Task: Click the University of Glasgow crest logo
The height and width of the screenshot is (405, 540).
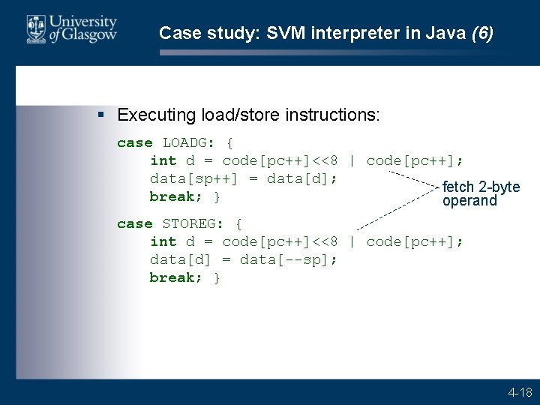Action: click(35, 29)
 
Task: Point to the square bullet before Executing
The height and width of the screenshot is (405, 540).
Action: click(102, 115)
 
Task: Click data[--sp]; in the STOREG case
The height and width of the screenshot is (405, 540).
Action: click(289, 259)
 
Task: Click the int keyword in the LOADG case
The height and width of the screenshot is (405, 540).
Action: click(163, 160)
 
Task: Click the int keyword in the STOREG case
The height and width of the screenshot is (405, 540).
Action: click(163, 241)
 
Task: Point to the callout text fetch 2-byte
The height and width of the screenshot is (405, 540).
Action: click(481, 187)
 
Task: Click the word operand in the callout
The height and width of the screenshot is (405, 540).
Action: click(469, 201)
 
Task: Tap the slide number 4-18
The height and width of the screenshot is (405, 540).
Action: click(520, 392)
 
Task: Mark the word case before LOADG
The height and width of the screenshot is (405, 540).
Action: click(134, 142)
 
